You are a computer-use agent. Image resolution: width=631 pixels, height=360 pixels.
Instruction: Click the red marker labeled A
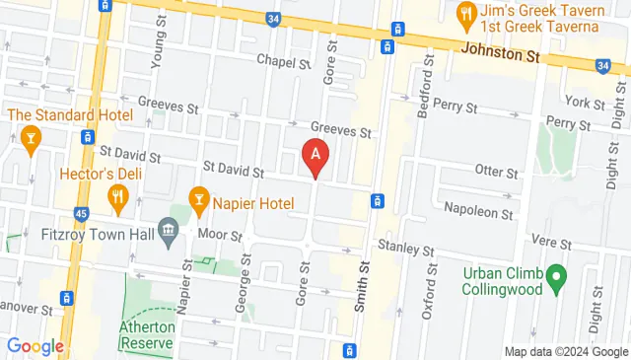(315, 156)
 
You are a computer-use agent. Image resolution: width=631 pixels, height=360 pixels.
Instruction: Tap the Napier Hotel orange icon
(198, 201)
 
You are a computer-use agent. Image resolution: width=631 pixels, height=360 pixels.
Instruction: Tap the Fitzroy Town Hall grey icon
(169, 232)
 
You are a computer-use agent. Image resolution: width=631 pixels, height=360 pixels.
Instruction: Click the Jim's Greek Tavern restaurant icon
(466, 14)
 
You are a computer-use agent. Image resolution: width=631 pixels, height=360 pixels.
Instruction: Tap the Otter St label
(496, 172)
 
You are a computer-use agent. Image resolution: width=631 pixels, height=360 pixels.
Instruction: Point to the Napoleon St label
(478, 211)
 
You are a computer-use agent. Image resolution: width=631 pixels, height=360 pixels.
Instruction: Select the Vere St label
(551, 242)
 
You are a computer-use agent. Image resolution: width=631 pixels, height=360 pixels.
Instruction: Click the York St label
(584, 102)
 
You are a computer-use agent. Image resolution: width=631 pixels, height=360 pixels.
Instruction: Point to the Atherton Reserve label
(147, 334)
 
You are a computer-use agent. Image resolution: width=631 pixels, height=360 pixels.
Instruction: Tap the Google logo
(35, 346)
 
